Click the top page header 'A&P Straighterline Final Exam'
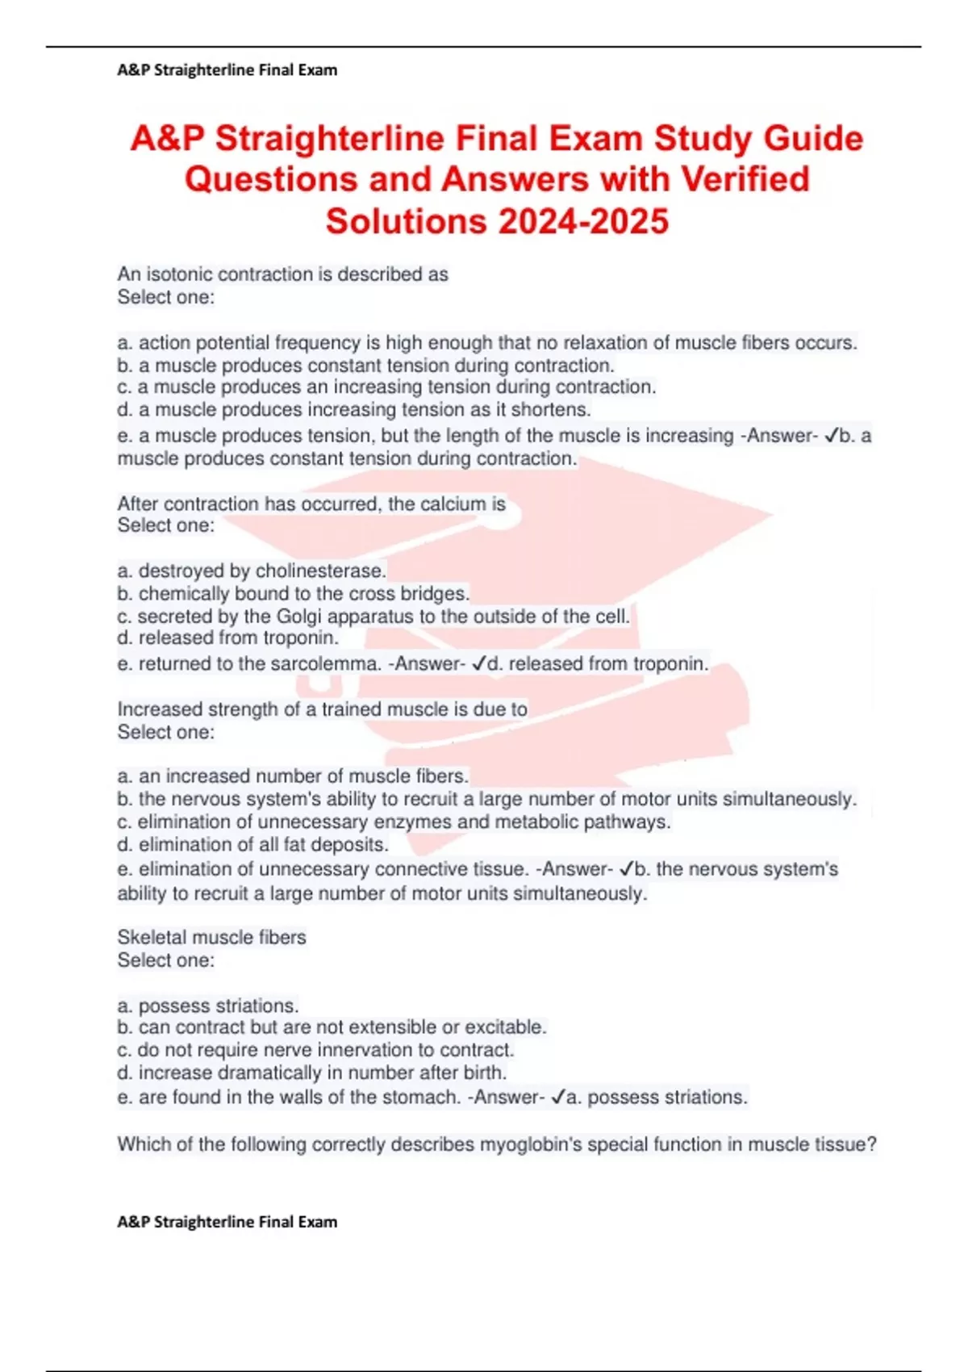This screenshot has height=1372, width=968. point(227,70)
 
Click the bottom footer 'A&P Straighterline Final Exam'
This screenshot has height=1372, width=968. point(227,1222)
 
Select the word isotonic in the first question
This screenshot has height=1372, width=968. point(179,274)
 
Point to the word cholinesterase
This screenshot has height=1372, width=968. point(320,571)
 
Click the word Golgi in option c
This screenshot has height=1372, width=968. point(299,617)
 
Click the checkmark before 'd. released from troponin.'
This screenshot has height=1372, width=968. point(478,664)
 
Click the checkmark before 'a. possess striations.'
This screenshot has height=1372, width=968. point(557,1098)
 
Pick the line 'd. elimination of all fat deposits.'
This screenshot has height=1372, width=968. point(253,845)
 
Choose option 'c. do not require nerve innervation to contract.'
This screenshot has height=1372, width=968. point(315,1050)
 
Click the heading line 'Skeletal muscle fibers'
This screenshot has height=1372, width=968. point(212,938)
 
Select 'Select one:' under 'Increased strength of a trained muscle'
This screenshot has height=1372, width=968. point(166,732)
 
